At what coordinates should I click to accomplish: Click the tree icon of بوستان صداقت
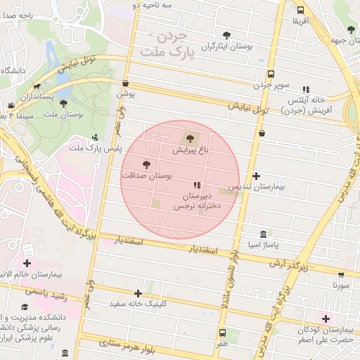point(146,165)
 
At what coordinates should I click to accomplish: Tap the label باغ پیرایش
point(186,150)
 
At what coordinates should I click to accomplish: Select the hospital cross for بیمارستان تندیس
point(256,176)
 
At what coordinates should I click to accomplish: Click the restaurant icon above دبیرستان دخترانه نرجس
point(195,184)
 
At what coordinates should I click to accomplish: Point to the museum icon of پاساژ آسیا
point(263,233)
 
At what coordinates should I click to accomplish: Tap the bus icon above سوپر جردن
point(271,74)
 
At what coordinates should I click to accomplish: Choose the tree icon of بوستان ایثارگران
point(226,34)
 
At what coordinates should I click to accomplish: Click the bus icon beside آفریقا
point(301,11)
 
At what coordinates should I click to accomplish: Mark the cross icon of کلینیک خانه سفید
point(138,293)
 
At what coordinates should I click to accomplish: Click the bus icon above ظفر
point(223,333)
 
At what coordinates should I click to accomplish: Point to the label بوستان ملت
point(68,114)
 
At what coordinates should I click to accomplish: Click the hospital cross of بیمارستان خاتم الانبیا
point(27,262)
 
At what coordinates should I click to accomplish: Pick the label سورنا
point(340,285)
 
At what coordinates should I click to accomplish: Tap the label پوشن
point(125,93)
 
